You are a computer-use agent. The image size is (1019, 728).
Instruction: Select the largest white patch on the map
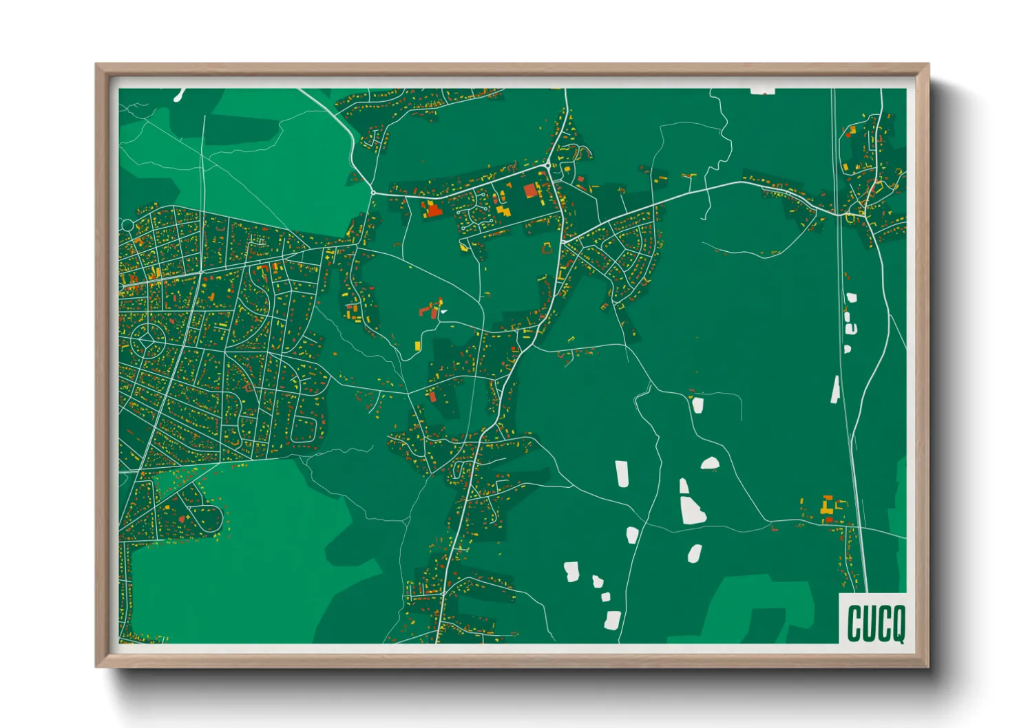[x=692, y=509]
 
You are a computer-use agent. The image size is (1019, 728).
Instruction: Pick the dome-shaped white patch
[x=710, y=463]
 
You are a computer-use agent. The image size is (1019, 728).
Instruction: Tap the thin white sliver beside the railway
[x=835, y=389]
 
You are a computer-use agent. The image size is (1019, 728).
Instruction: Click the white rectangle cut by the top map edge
[x=762, y=90]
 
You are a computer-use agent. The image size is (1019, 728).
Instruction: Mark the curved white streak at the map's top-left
[x=180, y=94]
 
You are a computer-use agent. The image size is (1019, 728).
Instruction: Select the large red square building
[x=529, y=191]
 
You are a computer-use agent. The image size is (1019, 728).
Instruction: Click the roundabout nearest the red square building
[x=547, y=166]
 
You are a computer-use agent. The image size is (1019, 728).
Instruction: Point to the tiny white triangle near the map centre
[x=443, y=312]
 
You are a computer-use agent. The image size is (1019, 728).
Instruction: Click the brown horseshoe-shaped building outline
[x=547, y=248]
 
